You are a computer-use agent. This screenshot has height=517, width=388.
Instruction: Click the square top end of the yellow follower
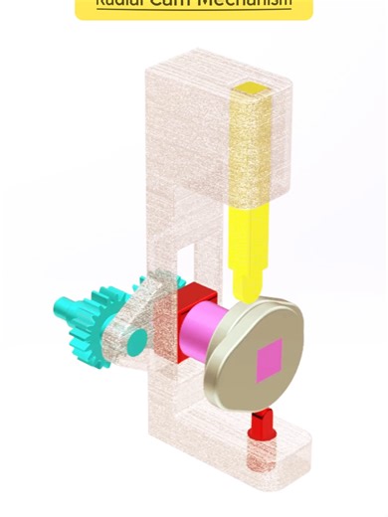point(251,92)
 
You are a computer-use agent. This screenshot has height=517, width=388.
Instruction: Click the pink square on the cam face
point(270,360)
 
